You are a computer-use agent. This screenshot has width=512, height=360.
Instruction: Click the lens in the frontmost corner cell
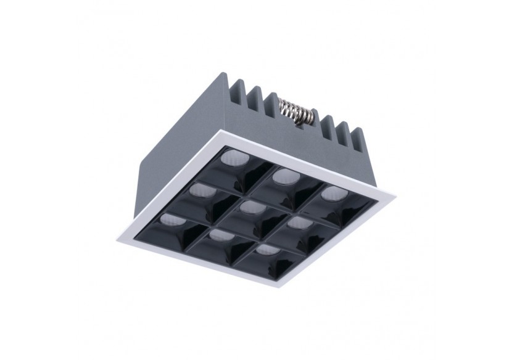(266, 250)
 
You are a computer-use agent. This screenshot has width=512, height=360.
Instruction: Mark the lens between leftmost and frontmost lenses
(218, 234)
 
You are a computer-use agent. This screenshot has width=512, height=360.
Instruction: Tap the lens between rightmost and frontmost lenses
(299, 221)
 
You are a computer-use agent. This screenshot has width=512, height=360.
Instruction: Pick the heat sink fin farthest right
(362, 139)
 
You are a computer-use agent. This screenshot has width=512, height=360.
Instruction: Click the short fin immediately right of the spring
(321, 122)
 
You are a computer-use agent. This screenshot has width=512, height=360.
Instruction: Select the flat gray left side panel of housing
(167, 160)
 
